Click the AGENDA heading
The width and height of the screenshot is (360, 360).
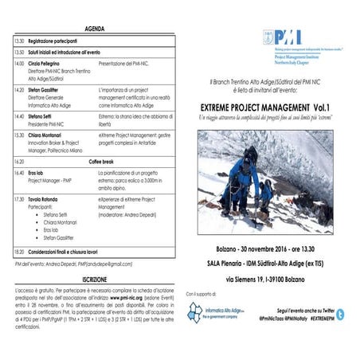coord(93,26)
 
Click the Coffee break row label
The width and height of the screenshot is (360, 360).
coord(93,161)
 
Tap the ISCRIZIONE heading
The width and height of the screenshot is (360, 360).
coord(93,280)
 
